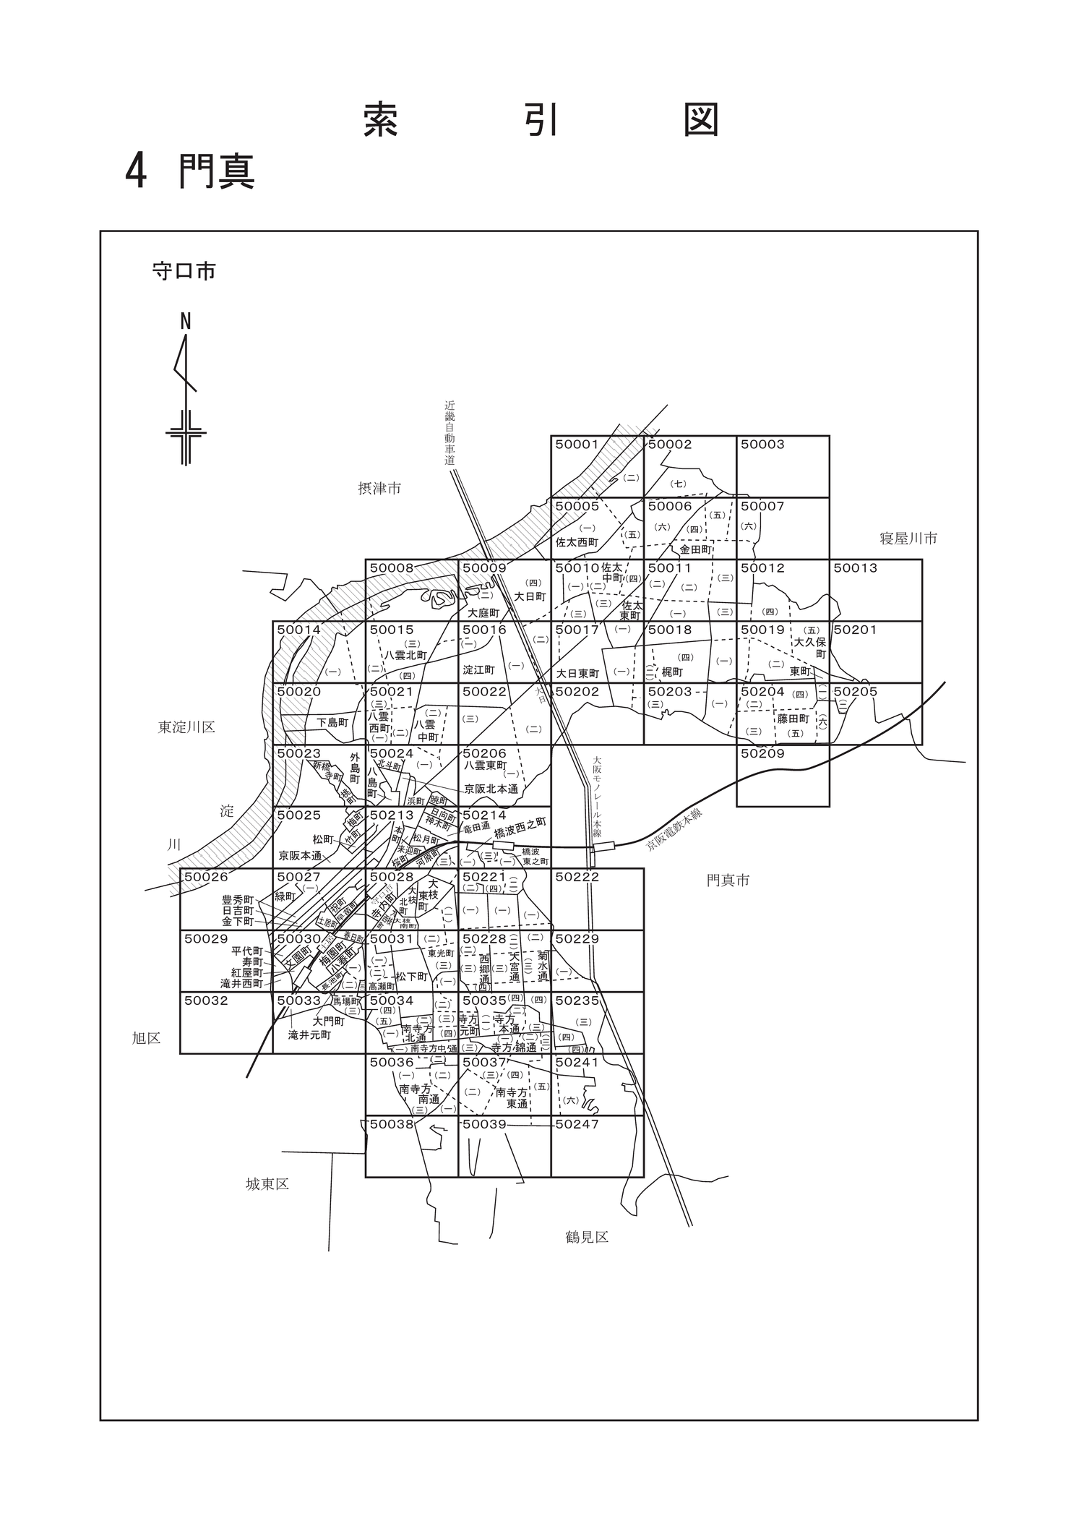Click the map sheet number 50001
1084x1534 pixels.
[x=577, y=445]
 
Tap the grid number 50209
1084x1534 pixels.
[x=762, y=753]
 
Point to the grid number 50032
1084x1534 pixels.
[x=206, y=1000]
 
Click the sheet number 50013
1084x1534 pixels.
[x=855, y=568]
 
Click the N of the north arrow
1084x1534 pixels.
[x=186, y=322]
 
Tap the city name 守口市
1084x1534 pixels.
[x=184, y=272]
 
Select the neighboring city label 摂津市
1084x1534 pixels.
[x=379, y=489]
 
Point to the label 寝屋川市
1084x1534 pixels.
[x=908, y=539]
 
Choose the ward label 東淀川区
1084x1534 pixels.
[x=186, y=727]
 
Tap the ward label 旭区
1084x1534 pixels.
[x=146, y=1038]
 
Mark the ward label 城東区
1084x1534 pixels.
[x=267, y=1184]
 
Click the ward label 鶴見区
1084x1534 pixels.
[x=587, y=1237]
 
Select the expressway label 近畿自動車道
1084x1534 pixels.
[x=450, y=433]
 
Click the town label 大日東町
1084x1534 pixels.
[x=578, y=673]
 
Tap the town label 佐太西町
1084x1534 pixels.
[x=577, y=541]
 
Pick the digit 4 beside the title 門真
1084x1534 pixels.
[x=136, y=172]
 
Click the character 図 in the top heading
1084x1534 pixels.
[x=701, y=120]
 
